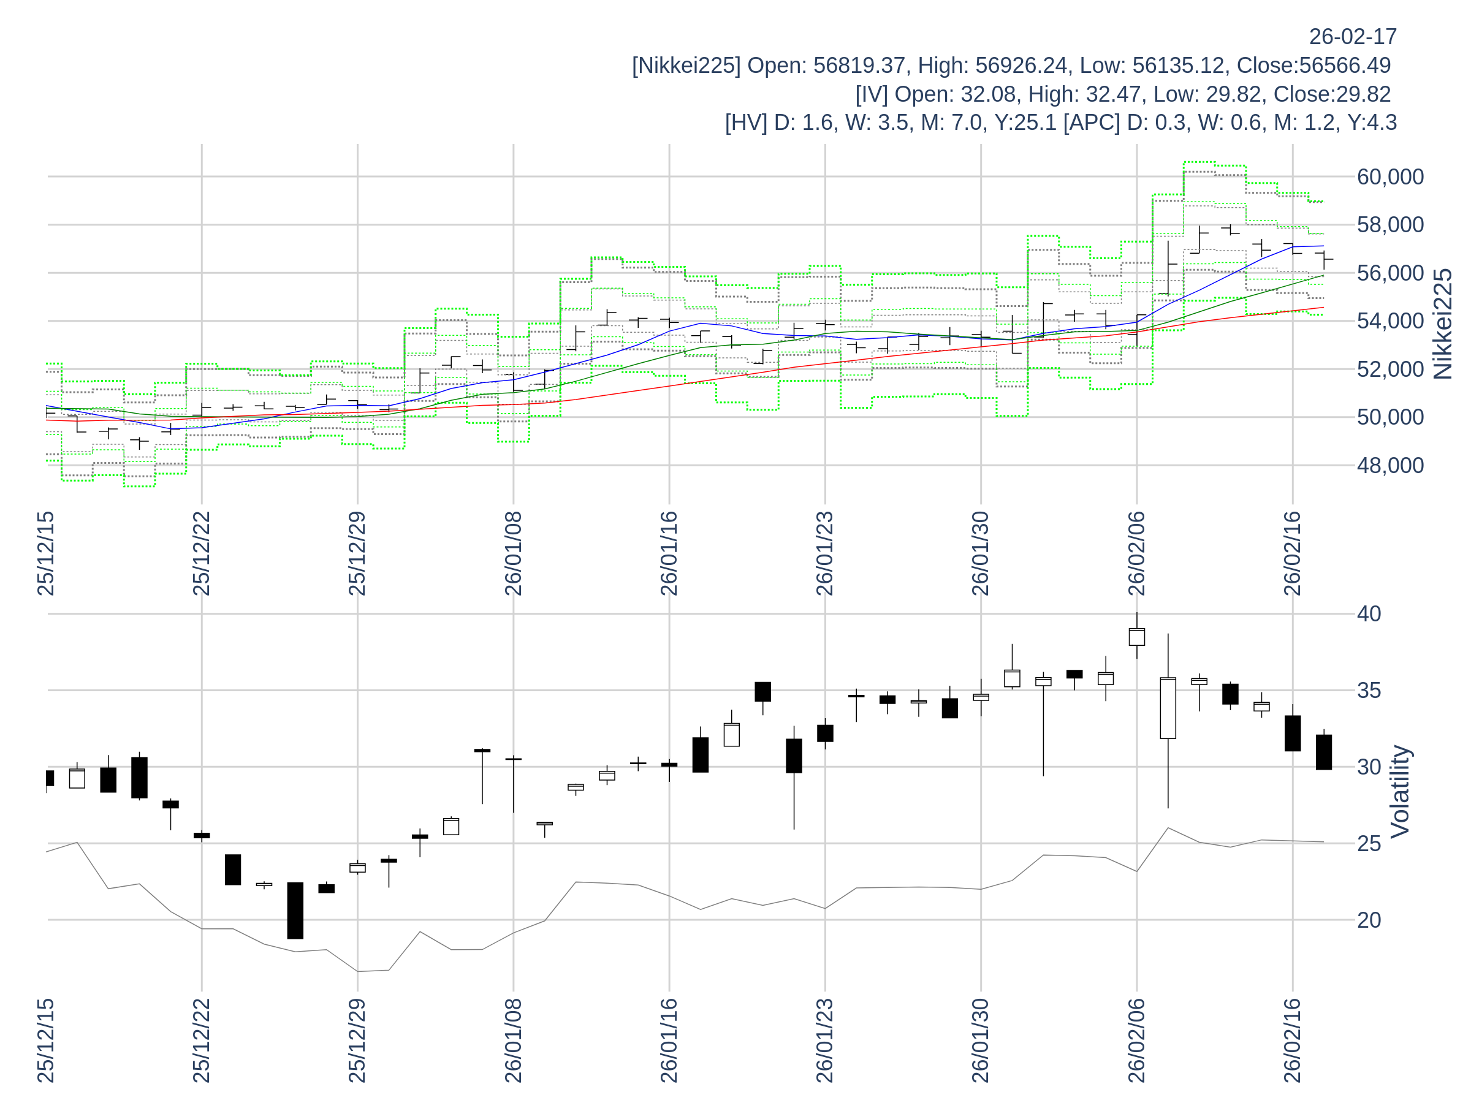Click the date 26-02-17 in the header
[x=1353, y=37]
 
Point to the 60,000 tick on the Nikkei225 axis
[x=1390, y=177]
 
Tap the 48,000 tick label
[x=1390, y=465]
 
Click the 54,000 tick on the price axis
[x=1390, y=321]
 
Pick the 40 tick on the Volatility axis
[x=1369, y=613]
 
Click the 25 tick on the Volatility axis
[x=1369, y=844]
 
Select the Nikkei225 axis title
[x=1443, y=324]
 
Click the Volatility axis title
[x=1400, y=792]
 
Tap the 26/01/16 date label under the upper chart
[x=669, y=553]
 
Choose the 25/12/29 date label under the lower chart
[x=357, y=1040]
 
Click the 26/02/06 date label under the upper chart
[x=1136, y=553]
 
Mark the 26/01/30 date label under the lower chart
[x=980, y=1040]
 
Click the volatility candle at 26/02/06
[x=1136, y=637]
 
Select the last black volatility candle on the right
[x=1323, y=752]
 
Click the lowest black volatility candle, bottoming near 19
[x=295, y=910]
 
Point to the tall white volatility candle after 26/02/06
[x=1168, y=708]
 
